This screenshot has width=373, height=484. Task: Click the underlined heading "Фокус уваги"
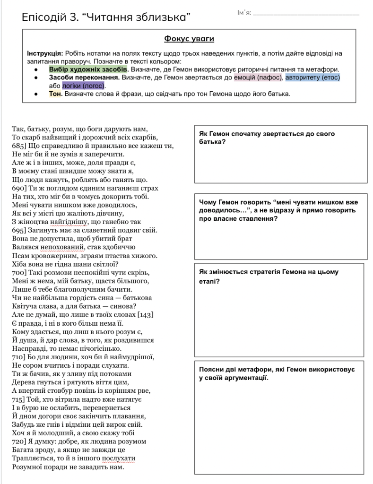(189, 38)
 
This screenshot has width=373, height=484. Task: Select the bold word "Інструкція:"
(45, 53)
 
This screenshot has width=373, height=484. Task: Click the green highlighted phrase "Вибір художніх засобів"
(88, 69)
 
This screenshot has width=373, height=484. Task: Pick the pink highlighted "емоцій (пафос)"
(259, 78)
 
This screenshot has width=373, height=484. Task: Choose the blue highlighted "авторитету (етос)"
(312, 78)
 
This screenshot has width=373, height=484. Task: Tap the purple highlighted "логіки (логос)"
(83, 86)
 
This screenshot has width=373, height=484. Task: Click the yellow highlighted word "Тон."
(56, 94)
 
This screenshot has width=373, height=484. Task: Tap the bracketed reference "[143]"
(144, 315)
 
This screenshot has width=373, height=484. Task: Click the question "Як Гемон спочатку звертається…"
(267, 138)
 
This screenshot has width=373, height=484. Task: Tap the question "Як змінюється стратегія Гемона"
(269, 277)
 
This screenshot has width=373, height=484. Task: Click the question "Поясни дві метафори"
(277, 373)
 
